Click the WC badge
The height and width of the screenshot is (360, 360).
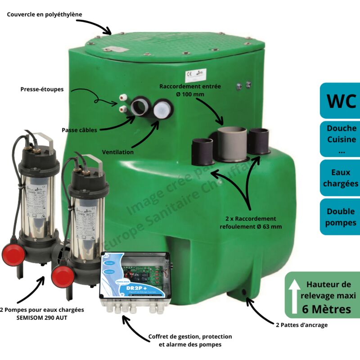pos(341,100)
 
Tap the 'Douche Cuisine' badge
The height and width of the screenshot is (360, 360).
pos(341,139)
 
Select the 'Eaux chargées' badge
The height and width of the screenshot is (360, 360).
pos(341,178)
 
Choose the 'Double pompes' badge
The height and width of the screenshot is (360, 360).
pos(341,217)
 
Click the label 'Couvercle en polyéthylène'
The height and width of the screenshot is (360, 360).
pos(45,14)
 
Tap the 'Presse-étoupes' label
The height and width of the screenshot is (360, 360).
pos(42,89)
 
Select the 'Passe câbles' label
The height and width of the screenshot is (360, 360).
pos(79,130)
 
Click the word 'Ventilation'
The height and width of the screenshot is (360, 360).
pos(117,152)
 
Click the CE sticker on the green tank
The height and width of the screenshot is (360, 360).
pos(195,75)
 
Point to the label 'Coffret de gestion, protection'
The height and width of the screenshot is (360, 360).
pos(190,337)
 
